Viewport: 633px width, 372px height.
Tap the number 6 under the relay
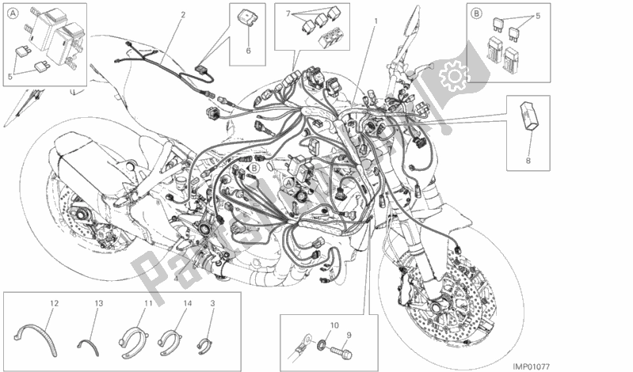pyautogui.click(x=247, y=50)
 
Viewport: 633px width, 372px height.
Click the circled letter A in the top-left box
pyautogui.click(x=11, y=12)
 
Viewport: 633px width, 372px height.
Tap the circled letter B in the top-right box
pyautogui.click(x=477, y=13)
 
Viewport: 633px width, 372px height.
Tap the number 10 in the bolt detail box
pyautogui.click(x=333, y=325)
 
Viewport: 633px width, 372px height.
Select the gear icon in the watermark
pyautogui.click(x=454, y=77)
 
